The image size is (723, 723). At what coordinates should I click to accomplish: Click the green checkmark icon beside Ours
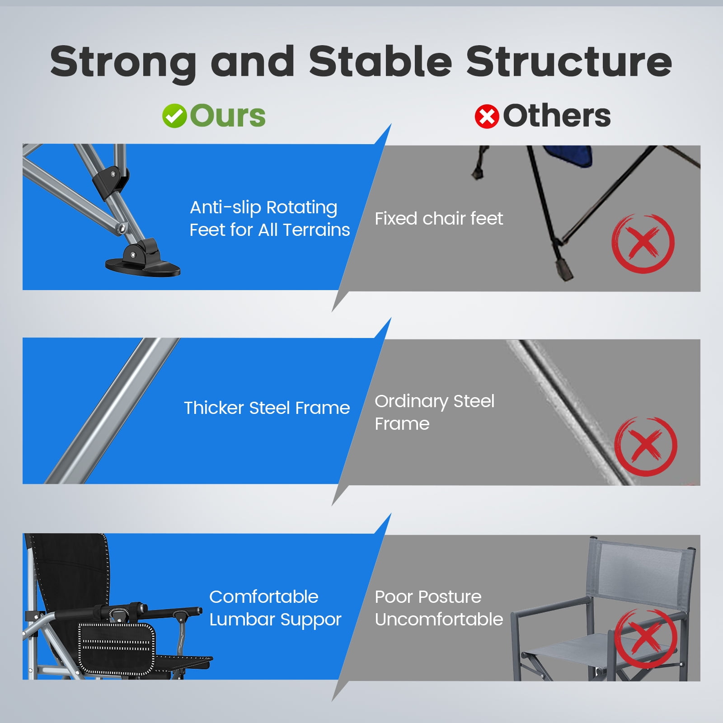pyautogui.click(x=174, y=116)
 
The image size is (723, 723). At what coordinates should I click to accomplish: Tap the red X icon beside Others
pyautogui.click(x=487, y=117)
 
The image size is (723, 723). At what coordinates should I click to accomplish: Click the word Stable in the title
pyautogui.click(x=380, y=61)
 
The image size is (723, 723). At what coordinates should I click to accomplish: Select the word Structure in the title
pyautogui.click(x=569, y=61)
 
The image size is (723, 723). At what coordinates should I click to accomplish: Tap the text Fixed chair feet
pyautogui.click(x=439, y=219)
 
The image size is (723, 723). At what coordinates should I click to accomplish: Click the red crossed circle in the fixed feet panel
pyautogui.click(x=643, y=244)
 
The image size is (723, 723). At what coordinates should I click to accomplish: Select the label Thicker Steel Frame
pyautogui.click(x=267, y=408)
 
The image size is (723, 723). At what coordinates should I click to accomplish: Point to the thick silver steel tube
pyautogui.click(x=112, y=411)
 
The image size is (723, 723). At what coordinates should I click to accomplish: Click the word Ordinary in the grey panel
pyautogui.click(x=411, y=402)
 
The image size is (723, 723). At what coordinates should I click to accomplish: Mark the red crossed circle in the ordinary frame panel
pyautogui.click(x=646, y=446)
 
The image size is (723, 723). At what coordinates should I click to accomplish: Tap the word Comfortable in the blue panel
pyautogui.click(x=264, y=597)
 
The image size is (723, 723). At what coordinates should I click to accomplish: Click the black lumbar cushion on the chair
pyautogui.click(x=117, y=649)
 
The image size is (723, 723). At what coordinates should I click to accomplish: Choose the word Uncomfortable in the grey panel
pyautogui.click(x=439, y=619)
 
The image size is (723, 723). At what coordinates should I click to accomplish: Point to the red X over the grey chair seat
pyautogui.click(x=647, y=638)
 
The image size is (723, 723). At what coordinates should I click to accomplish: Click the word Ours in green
pyautogui.click(x=228, y=116)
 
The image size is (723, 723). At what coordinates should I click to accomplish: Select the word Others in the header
pyautogui.click(x=557, y=116)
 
